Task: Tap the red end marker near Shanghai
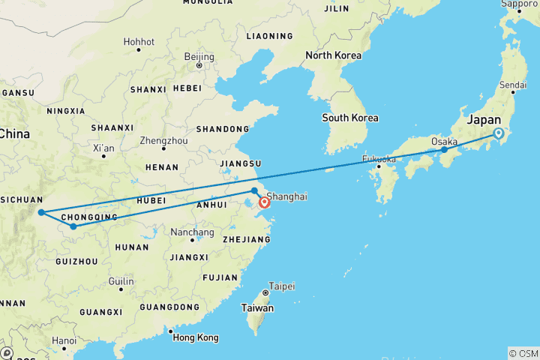[x=264, y=202]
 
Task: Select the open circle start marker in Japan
[x=499, y=133]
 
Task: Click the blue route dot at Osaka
[x=444, y=150]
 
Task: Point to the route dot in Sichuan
[x=40, y=212]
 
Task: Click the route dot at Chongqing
[x=73, y=226]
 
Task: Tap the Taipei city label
[x=282, y=286]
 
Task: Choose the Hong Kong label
[x=196, y=337]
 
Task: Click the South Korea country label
[x=349, y=118]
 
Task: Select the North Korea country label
[x=333, y=55]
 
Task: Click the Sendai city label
[x=513, y=85]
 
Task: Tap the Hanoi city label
[x=64, y=340]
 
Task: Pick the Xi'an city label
[x=103, y=148]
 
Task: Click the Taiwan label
[x=256, y=308]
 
